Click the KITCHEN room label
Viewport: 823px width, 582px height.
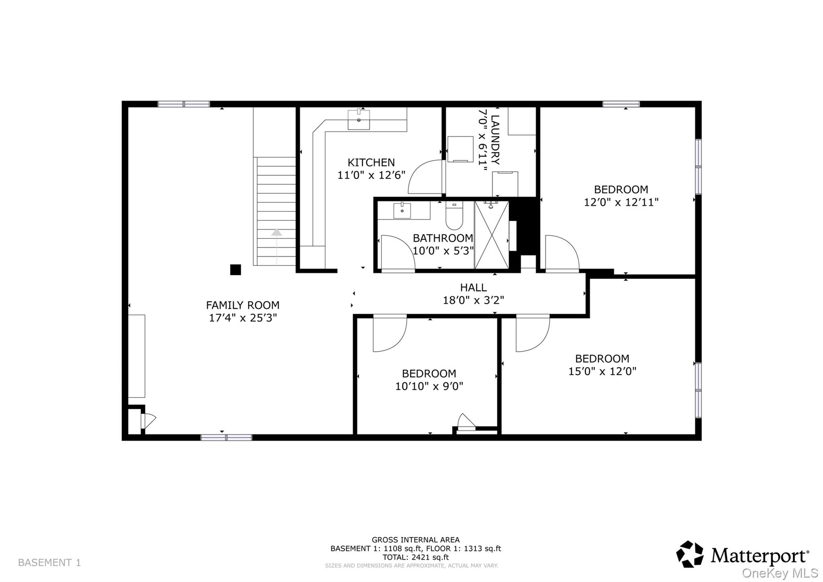(x=371, y=162)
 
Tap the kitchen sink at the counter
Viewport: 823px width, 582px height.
(x=358, y=119)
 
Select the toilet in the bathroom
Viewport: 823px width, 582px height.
(x=454, y=216)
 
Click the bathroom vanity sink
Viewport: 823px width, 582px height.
(x=402, y=210)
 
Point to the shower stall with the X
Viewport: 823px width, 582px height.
(x=491, y=236)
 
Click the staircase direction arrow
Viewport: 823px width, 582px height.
(x=276, y=232)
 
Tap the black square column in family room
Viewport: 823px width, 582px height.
(x=235, y=269)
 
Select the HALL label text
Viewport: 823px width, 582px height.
(x=473, y=288)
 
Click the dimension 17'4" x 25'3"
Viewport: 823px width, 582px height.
(x=243, y=318)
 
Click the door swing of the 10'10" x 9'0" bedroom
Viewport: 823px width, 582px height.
(x=389, y=333)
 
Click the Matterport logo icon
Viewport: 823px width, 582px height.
(x=690, y=554)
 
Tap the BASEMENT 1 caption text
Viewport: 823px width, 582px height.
(x=49, y=562)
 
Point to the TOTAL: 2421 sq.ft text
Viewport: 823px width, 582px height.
(x=415, y=557)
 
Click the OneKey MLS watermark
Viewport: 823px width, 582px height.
(x=780, y=573)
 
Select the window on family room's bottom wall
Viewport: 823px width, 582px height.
(x=226, y=437)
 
